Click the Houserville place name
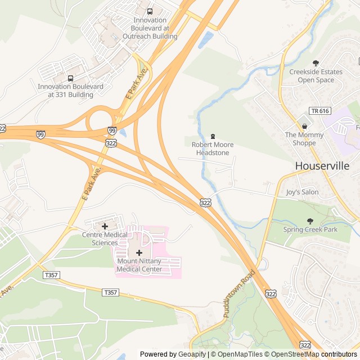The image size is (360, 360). click(x=322, y=166)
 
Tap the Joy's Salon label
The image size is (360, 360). click(x=302, y=192)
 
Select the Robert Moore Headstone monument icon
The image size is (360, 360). click(x=213, y=136)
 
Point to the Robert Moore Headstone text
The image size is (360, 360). click(x=213, y=149)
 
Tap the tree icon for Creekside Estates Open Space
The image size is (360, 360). click(x=316, y=63)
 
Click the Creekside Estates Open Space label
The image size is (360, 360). click(x=316, y=76)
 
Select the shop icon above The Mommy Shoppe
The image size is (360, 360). click(x=304, y=127)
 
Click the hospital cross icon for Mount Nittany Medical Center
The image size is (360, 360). click(x=139, y=253)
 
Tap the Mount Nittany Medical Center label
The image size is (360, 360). click(x=139, y=265)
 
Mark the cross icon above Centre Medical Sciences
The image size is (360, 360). click(x=105, y=226)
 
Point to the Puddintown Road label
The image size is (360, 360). click(x=239, y=294)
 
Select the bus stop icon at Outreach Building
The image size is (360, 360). click(x=150, y=11)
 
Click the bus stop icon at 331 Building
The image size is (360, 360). click(x=70, y=78)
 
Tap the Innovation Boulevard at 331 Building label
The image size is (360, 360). click(x=70, y=91)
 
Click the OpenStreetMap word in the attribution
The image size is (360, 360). click(x=292, y=354)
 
